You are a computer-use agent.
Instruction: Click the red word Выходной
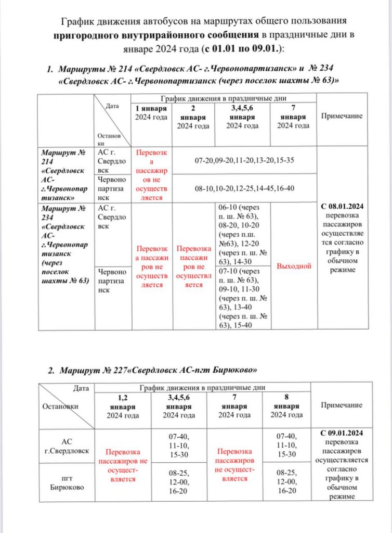294,266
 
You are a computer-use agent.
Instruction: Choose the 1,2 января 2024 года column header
123,406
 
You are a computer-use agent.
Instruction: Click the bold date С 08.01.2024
342,206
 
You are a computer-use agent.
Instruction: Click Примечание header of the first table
342,116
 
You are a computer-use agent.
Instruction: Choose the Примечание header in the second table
341,405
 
